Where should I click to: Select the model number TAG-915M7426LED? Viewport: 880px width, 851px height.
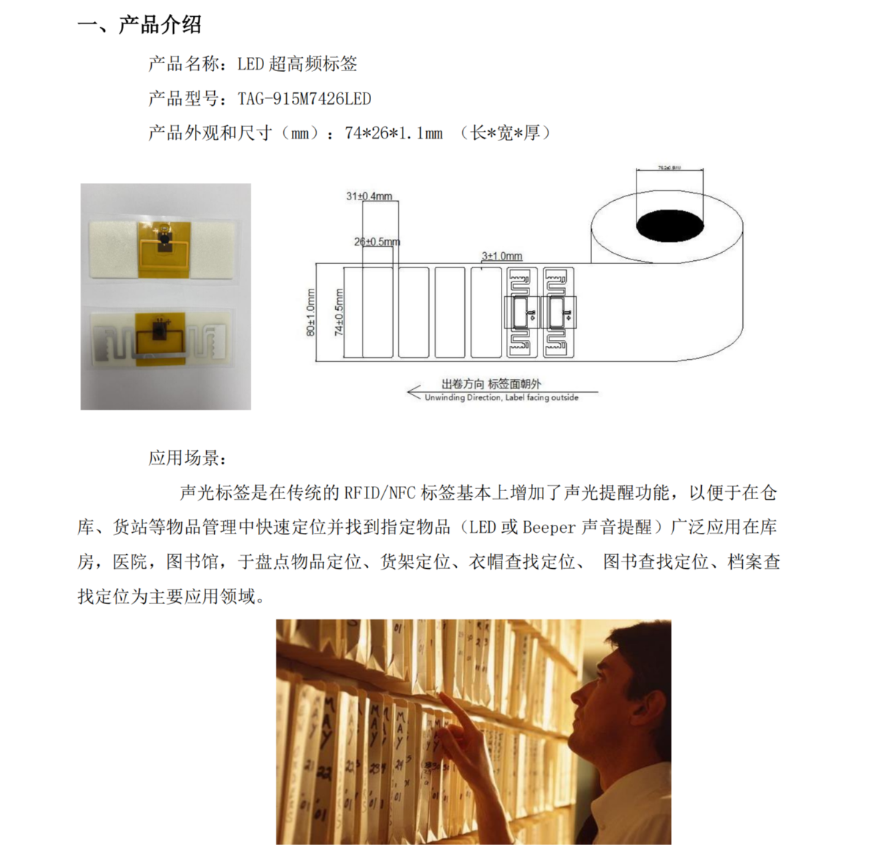tap(304, 99)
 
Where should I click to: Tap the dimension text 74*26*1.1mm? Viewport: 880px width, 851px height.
tap(394, 133)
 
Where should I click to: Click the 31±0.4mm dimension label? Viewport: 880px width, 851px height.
tap(369, 196)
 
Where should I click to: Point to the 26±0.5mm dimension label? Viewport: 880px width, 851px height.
tap(377, 242)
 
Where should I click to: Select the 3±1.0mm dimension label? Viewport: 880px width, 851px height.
tap(502, 256)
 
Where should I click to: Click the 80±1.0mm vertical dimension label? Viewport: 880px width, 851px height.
tap(310, 312)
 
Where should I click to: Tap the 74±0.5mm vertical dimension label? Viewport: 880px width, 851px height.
tap(339, 312)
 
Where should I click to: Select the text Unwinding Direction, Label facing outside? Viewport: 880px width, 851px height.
tap(502, 398)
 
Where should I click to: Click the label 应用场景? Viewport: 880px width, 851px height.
tap(188, 459)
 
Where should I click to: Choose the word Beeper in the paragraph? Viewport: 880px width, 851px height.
tap(549, 528)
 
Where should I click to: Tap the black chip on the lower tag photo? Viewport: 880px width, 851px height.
tap(158, 326)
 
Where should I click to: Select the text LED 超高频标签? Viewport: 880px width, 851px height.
tap(297, 65)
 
